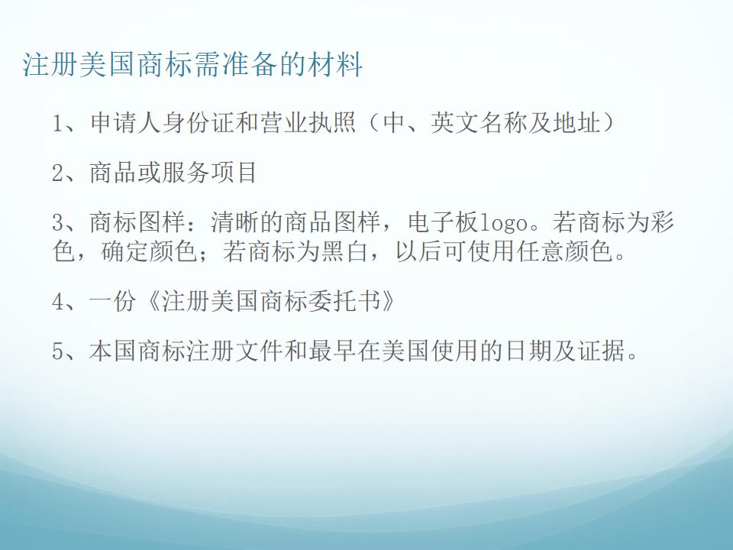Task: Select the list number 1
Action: (57, 124)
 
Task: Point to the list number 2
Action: (57, 173)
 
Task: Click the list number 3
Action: (57, 222)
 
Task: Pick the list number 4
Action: (57, 301)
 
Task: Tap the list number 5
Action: (57, 351)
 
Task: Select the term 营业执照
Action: (308, 124)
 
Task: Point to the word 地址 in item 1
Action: (576, 124)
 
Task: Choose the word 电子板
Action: (444, 222)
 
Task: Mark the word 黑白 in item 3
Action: (344, 251)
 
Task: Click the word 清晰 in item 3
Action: (234, 222)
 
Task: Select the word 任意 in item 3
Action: (540, 251)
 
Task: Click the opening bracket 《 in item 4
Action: (153, 301)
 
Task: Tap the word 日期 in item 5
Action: (528, 351)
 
